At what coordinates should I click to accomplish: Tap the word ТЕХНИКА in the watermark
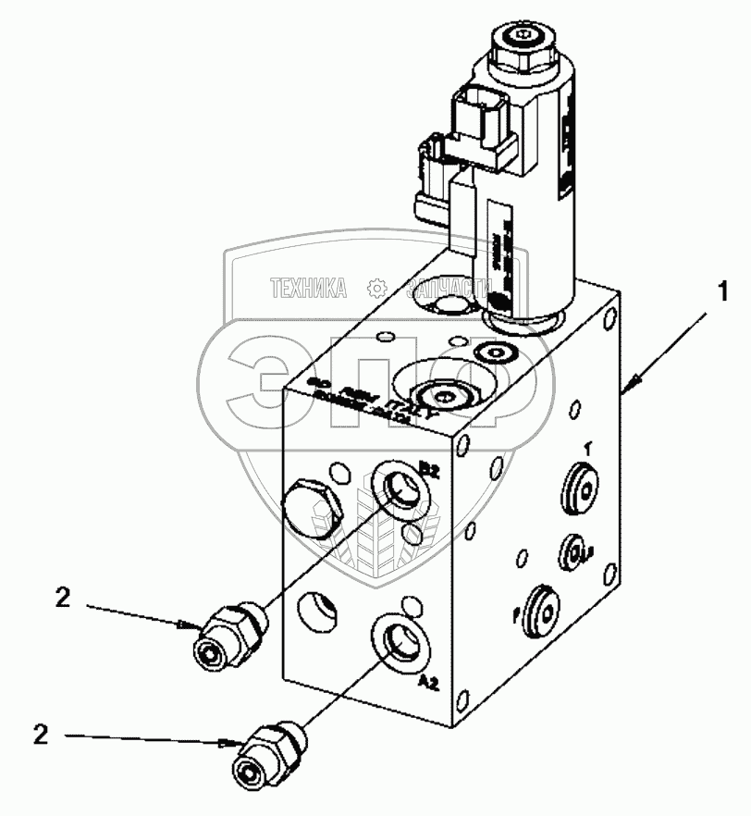pos(308,289)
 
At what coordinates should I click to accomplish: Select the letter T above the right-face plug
pos(585,447)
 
